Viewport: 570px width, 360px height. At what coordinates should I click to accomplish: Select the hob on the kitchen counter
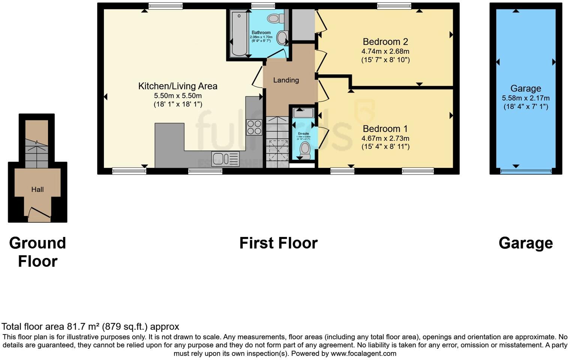tap(254, 127)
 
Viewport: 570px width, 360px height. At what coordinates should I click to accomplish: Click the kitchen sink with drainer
tap(225, 159)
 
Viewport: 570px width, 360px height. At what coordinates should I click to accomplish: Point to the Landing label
tap(286, 80)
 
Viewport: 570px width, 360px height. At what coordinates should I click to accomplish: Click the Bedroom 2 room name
tap(385, 42)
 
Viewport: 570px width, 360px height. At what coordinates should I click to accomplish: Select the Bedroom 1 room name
tap(385, 129)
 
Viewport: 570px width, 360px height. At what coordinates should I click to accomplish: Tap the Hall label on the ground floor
tap(37, 189)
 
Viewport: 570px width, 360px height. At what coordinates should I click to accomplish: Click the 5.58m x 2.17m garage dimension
tap(526, 98)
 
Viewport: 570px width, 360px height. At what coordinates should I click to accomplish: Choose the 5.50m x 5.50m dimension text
tap(178, 96)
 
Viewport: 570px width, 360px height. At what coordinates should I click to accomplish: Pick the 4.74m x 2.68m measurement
tap(385, 51)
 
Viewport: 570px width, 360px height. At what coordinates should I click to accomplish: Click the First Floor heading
tap(278, 243)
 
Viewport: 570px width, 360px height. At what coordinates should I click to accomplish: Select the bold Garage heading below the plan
tap(525, 243)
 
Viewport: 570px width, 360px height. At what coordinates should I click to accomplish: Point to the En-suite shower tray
tap(303, 112)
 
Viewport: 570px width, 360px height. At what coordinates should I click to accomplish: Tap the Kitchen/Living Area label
tap(178, 86)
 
